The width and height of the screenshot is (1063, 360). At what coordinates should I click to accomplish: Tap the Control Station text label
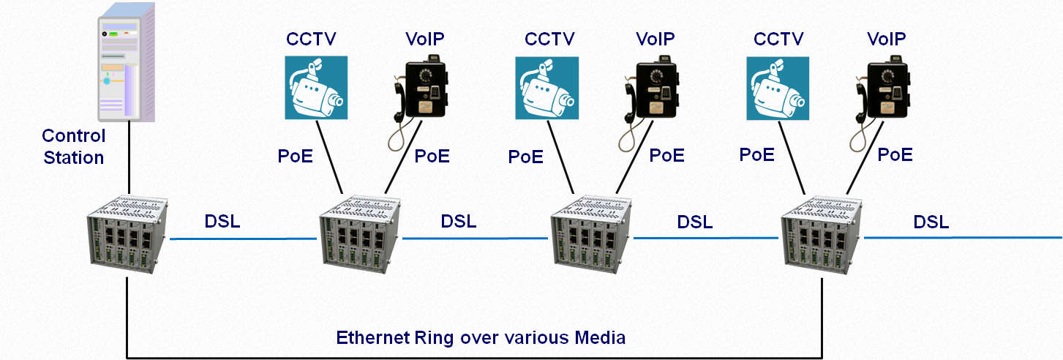pos(73,146)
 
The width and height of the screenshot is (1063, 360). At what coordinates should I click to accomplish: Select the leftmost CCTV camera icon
pos(316,88)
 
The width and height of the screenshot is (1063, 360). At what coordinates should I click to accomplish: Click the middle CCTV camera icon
pos(546,88)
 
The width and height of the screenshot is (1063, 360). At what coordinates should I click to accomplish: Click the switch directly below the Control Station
pos(128,233)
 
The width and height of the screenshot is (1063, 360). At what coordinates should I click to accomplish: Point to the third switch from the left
pos(591,233)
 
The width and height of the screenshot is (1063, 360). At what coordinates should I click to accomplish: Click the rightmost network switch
pos(822,233)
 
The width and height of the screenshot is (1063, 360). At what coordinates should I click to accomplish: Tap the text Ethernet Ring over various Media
pos(481,337)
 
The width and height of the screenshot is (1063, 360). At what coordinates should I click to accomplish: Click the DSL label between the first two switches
pos(222,222)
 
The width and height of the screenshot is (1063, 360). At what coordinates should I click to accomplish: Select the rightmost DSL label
pos(931,222)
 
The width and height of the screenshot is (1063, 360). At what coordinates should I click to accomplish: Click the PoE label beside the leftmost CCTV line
pos(295,156)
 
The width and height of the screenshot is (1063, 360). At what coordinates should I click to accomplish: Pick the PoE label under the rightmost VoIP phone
pos(895,155)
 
